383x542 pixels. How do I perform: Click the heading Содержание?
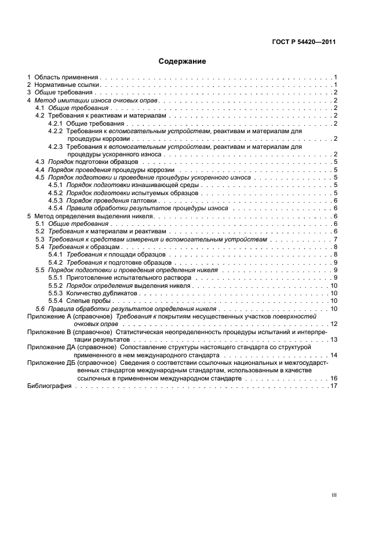click(183, 61)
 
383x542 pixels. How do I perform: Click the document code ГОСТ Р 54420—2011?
click(304, 42)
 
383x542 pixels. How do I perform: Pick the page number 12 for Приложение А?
click(334, 324)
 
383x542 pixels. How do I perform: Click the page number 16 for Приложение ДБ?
click(334, 378)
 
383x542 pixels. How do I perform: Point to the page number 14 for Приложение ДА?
click(334, 354)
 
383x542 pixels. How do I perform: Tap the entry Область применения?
click(66, 77)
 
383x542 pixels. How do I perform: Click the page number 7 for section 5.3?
click(335, 239)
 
